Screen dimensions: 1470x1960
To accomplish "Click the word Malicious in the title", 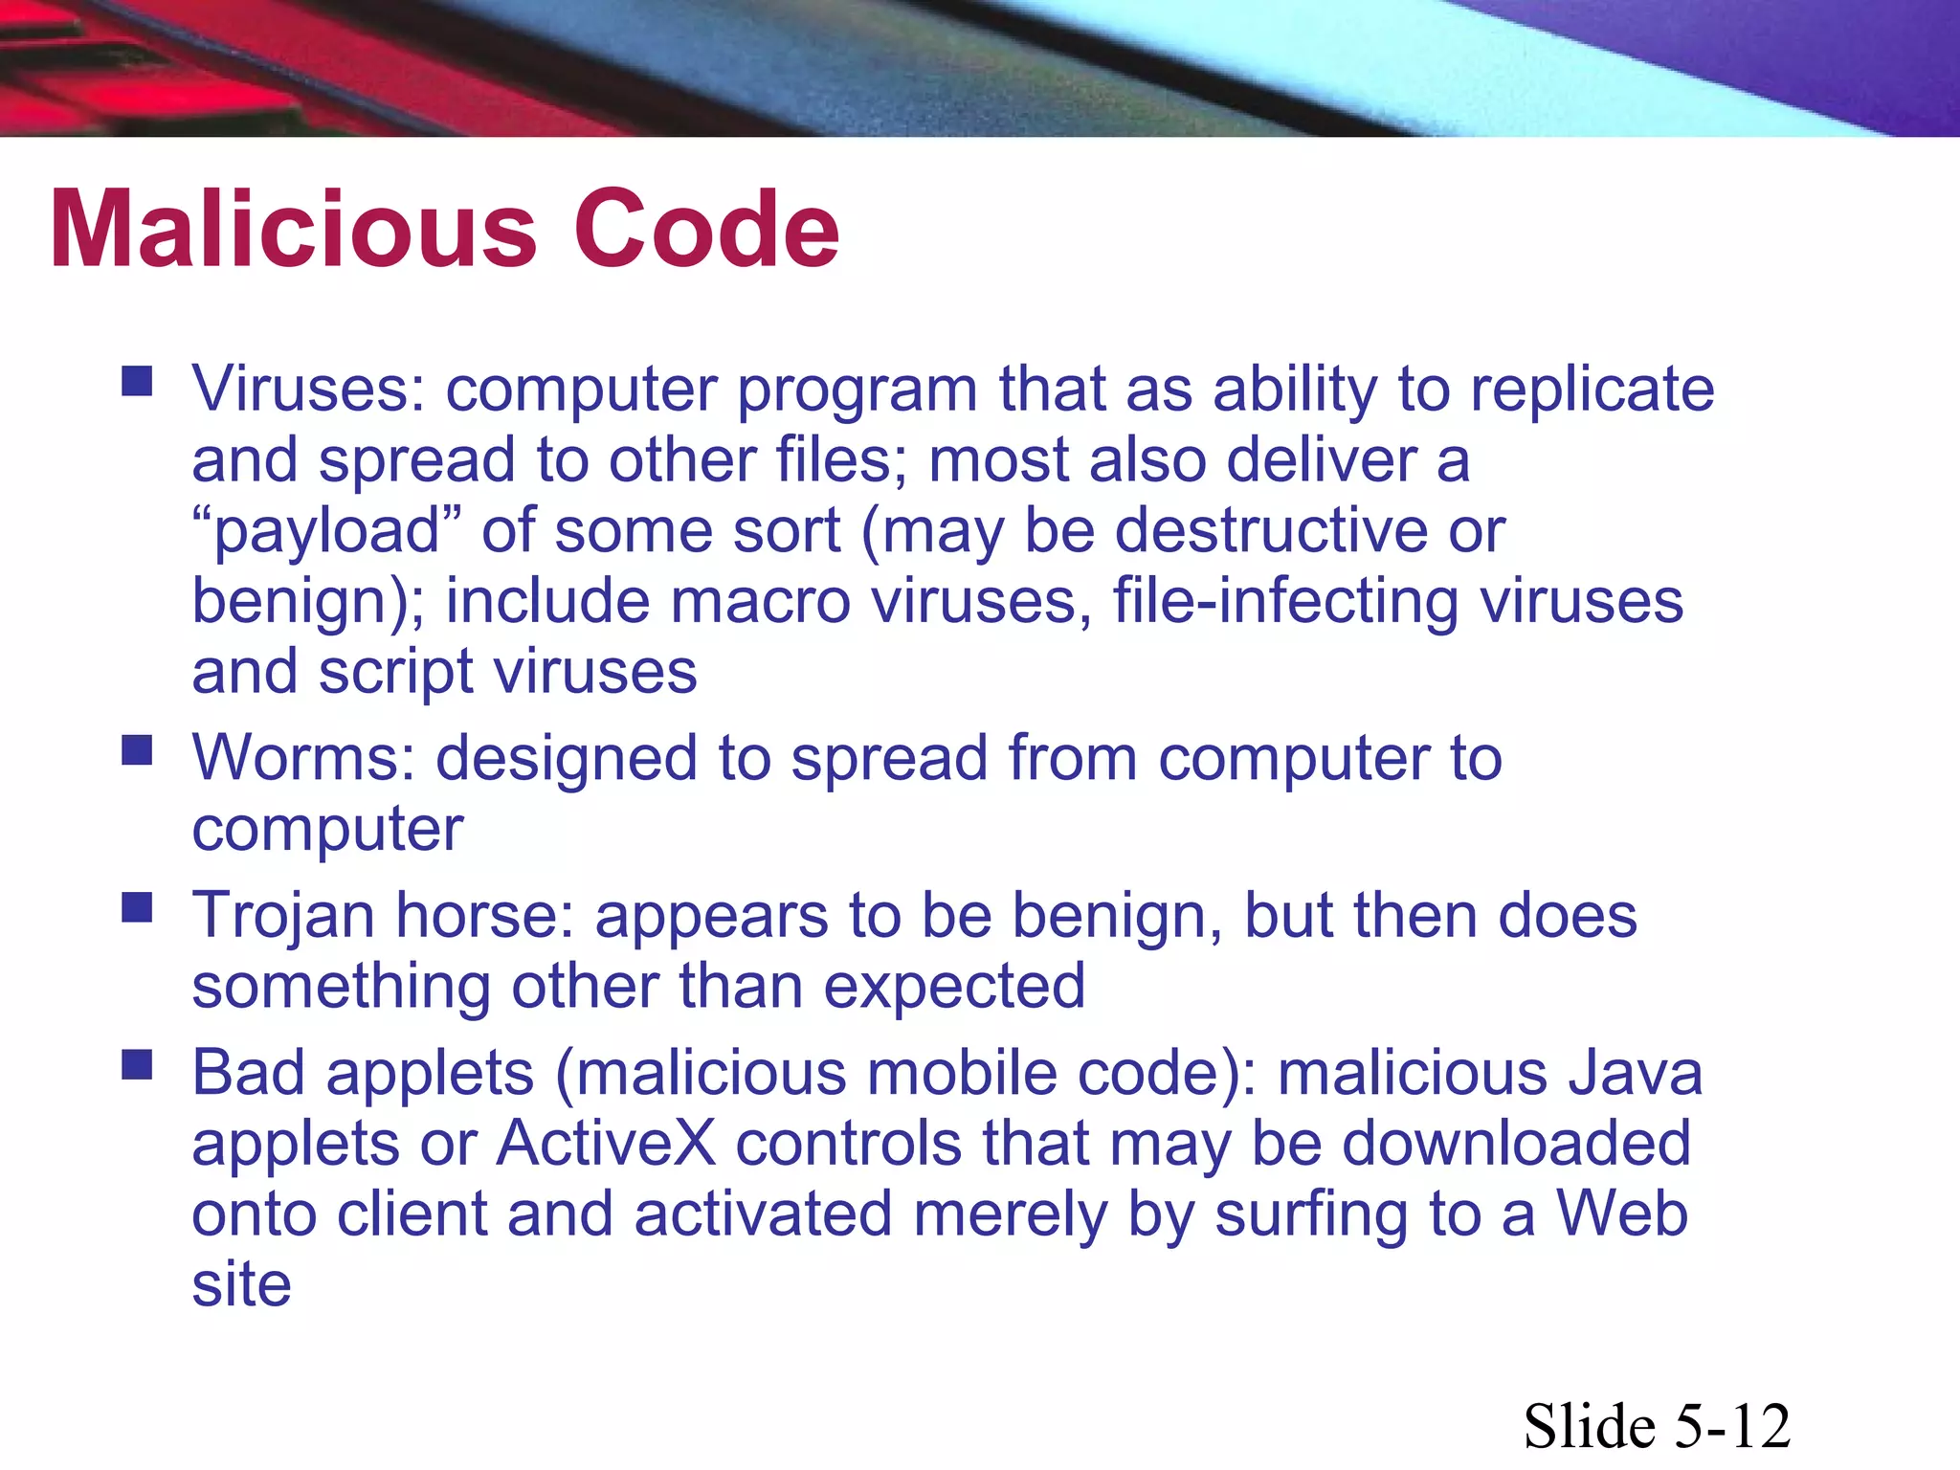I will (293, 230).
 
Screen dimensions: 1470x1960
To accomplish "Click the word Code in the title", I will (705, 230).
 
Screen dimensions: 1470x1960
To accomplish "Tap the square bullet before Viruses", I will (137, 381).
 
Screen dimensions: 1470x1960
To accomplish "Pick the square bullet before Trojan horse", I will (137, 906).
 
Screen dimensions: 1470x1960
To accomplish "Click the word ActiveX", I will (606, 1143).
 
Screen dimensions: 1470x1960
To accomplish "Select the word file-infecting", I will (1285, 602).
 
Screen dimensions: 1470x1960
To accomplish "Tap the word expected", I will (954, 986).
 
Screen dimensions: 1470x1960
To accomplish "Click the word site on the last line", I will (241, 1284).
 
